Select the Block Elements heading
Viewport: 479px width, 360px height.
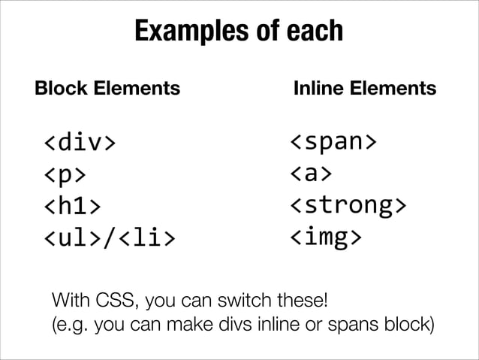tap(107, 89)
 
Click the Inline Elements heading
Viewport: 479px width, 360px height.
tap(365, 89)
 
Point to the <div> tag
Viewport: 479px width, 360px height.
tap(78, 142)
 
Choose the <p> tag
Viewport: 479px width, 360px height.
tap(63, 175)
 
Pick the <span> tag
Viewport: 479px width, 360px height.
tap(334, 141)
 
